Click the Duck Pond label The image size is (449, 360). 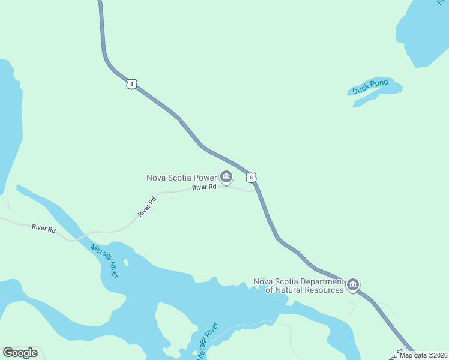(370, 86)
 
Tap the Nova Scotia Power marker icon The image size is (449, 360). (226, 176)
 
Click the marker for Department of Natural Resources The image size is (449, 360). (353, 284)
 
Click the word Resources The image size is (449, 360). (325, 290)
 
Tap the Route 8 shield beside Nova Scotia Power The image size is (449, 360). (252, 178)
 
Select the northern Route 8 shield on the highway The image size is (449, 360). (131, 84)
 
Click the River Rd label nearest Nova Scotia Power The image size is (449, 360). (204, 188)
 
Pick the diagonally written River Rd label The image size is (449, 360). (147, 206)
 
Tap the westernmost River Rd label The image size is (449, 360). (44, 229)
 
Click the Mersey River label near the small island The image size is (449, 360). (104, 260)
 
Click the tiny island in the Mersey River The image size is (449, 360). (126, 263)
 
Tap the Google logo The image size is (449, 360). (20, 353)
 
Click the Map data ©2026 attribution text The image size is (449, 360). (423, 355)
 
